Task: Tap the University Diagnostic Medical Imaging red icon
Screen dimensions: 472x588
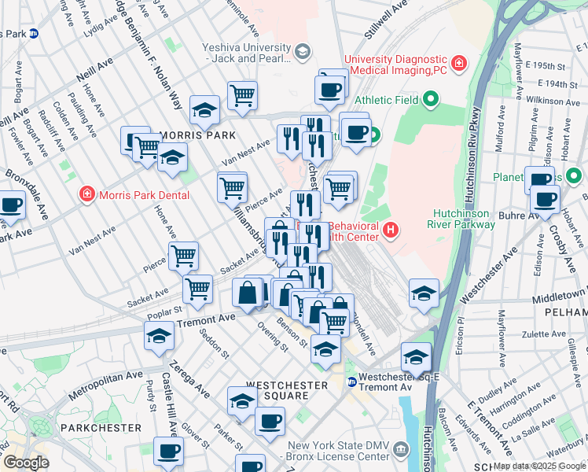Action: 458,62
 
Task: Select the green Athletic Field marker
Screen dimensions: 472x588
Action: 429,100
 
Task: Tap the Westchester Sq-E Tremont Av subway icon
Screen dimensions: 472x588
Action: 351,382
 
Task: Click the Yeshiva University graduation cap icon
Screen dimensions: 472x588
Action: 302,52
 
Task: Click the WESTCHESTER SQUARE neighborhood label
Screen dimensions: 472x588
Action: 286,385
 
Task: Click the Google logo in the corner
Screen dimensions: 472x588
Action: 25,463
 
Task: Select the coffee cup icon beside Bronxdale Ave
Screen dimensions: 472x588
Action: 11,205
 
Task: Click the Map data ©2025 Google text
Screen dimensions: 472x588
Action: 538,466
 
